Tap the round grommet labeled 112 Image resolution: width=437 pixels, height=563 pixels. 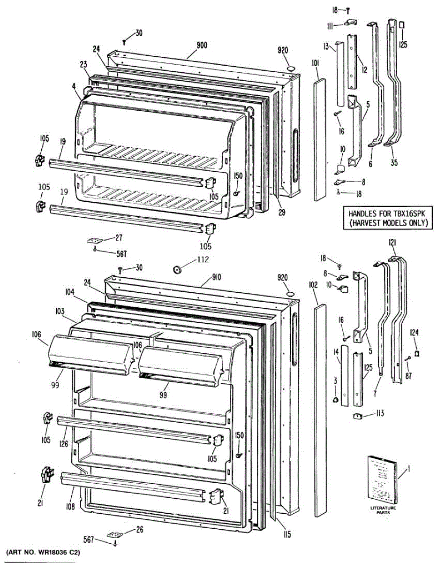point(178,269)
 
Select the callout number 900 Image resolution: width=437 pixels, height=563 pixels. point(202,46)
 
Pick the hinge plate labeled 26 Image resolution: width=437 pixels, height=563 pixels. point(116,534)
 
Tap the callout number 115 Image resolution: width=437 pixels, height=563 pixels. point(287,534)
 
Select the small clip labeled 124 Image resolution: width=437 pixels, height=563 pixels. point(417,350)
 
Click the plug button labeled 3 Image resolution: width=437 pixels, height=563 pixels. point(336,400)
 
